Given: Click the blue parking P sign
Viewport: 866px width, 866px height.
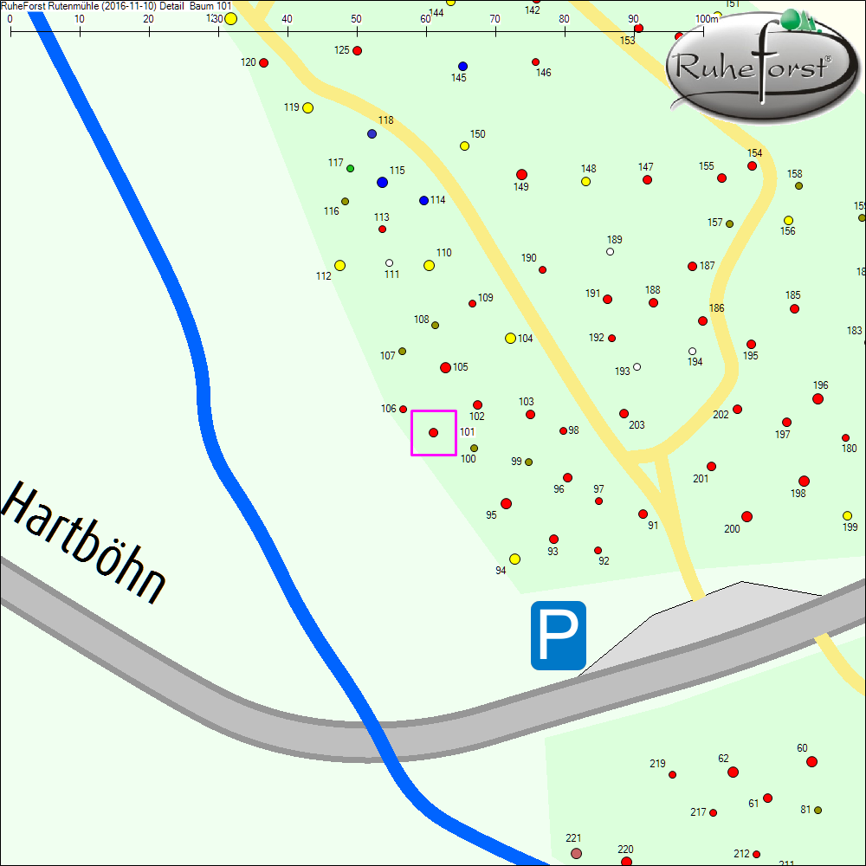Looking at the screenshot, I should pyautogui.click(x=559, y=636).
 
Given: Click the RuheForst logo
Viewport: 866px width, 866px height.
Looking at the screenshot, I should pyautogui.click(x=753, y=68).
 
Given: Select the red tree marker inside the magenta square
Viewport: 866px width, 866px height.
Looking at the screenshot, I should pyautogui.click(x=434, y=432).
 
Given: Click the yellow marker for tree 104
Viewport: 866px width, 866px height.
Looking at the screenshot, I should pyautogui.click(x=510, y=338).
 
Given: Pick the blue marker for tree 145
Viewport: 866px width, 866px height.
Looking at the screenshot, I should pyautogui.click(x=462, y=66).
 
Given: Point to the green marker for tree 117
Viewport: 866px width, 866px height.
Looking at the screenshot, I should pyautogui.click(x=350, y=168).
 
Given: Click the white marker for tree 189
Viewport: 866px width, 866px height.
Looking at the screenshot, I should pyautogui.click(x=611, y=252).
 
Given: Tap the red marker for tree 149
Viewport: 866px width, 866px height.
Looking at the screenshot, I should pyautogui.click(x=521, y=174).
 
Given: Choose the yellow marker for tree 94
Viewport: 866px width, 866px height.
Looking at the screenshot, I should pyautogui.click(x=514, y=559).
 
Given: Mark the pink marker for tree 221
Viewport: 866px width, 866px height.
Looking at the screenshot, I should pyautogui.click(x=576, y=853).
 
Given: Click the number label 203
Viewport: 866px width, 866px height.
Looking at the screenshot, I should pyautogui.click(x=637, y=425).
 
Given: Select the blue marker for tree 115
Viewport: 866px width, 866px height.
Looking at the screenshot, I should pyautogui.click(x=382, y=182).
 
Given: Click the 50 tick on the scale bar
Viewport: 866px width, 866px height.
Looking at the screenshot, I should pyautogui.click(x=357, y=31).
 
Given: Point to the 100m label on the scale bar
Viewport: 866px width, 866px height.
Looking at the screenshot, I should pyautogui.click(x=707, y=18).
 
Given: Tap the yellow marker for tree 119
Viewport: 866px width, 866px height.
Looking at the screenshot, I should pyautogui.click(x=307, y=108).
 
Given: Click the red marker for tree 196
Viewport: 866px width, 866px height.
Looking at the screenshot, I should pyautogui.click(x=818, y=398).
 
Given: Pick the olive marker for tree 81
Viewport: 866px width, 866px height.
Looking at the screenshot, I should pyautogui.click(x=818, y=810).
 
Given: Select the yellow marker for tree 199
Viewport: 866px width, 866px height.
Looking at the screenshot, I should pyautogui.click(x=847, y=515).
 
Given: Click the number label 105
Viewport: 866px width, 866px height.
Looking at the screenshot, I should pyautogui.click(x=460, y=367).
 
